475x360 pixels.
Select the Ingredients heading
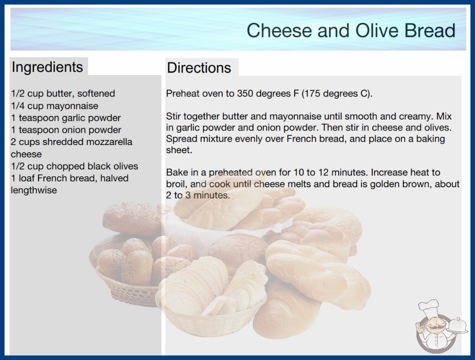pos(47,67)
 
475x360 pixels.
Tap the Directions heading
pos(199,68)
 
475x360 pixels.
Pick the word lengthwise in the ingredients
pos(34,190)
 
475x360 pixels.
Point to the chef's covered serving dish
pos(458,325)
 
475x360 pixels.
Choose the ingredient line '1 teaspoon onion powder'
pos(66,130)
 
